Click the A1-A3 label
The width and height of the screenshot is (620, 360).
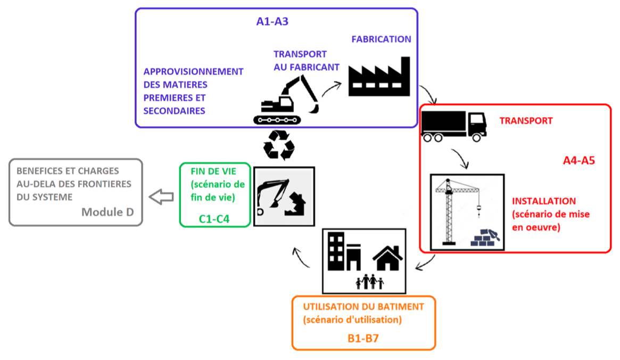coord(272,22)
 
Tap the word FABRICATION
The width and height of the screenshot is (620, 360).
coord(381,39)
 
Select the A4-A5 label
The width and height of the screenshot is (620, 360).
coord(578,160)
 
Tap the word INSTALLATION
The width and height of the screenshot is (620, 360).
coord(544,201)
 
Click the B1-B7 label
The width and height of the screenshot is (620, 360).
coord(363,338)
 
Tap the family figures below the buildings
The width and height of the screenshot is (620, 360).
coord(370,282)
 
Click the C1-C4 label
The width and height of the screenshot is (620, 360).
coord(214,218)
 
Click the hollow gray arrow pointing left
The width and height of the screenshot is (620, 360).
coord(161,197)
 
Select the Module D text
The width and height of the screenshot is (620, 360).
coord(108,212)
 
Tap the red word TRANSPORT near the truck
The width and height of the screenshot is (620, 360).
coord(526,121)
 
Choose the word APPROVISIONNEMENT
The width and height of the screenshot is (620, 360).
coord(193,71)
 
